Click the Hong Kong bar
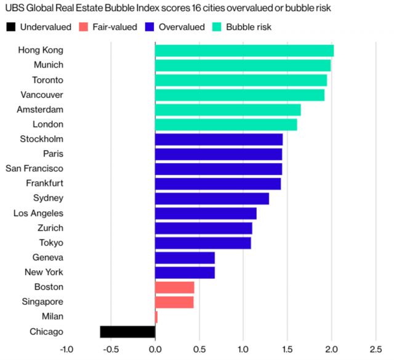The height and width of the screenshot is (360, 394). click(244, 50)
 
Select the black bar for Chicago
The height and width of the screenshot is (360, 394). click(127, 332)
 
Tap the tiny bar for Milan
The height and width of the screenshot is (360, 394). click(156, 317)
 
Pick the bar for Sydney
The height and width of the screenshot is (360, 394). click(212, 198)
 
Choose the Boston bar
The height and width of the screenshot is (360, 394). click(174, 287)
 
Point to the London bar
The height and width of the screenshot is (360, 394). click(226, 124)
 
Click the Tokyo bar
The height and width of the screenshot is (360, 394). click(203, 243)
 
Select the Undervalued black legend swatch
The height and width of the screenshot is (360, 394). click(10, 27)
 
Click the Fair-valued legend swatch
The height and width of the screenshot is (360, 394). click(84, 27)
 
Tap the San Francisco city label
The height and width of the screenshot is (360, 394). click(34, 169)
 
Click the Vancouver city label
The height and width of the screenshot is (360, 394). click(41, 95)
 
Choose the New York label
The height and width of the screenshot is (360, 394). click(44, 273)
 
